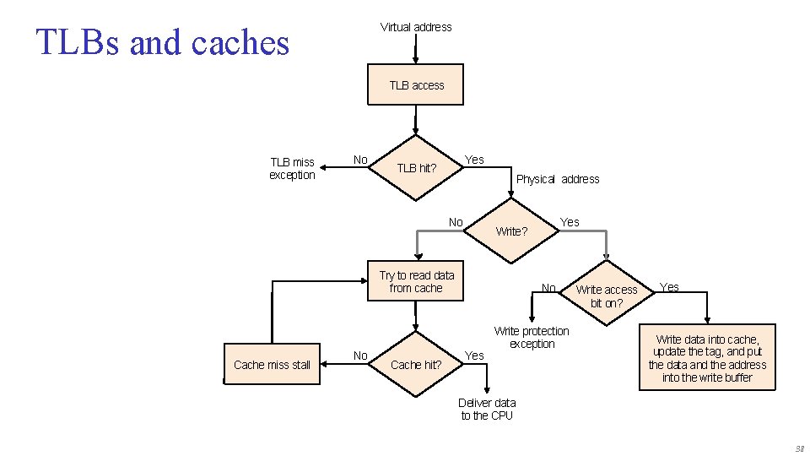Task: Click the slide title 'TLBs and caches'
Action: [x=162, y=42]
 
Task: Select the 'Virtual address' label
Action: [x=416, y=27]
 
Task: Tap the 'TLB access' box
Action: [x=416, y=84]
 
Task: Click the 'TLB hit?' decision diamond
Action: [x=416, y=167]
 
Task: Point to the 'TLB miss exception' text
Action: [x=292, y=168]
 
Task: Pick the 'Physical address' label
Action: [x=557, y=179]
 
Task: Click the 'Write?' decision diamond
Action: [x=511, y=231]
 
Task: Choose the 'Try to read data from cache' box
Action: [x=416, y=281]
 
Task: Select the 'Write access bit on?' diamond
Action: [x=607, y=296]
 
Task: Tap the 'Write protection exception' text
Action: [x=532, y=337]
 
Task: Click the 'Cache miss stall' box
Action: [x=272, y=365]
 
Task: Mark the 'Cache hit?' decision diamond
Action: [x=416, y=365]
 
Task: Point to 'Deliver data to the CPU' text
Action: [x=487, y=409]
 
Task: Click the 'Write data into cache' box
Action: [x=707, y=358]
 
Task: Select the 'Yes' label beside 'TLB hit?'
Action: [x=475, y=160]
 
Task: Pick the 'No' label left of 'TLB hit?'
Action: [x=360, y=160]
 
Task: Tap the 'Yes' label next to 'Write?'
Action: [x=570, y=222]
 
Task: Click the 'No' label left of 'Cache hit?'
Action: [x=360, y=356]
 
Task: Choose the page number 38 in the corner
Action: [x=799, y=448]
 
